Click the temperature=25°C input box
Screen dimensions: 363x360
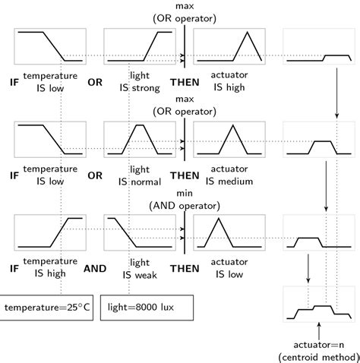[48, 308]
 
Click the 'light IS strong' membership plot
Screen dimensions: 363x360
[141, 46]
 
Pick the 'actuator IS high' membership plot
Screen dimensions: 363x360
[229, 46]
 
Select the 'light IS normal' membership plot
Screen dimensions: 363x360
[141, 140]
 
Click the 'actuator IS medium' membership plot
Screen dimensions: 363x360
[229, 140]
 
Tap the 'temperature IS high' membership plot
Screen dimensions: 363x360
[50, 233]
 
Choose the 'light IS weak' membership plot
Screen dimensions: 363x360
[141, 233]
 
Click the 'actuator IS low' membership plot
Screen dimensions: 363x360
[229, 233]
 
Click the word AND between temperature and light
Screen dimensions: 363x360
[95, 268]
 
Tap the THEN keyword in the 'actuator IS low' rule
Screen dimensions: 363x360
[185, 268]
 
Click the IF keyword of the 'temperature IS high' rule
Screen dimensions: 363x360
[14, 268]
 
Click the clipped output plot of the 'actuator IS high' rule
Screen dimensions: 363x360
[319, 46]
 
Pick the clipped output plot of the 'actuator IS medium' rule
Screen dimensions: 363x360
[319, 140]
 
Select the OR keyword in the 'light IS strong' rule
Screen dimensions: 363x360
[95, 81]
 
